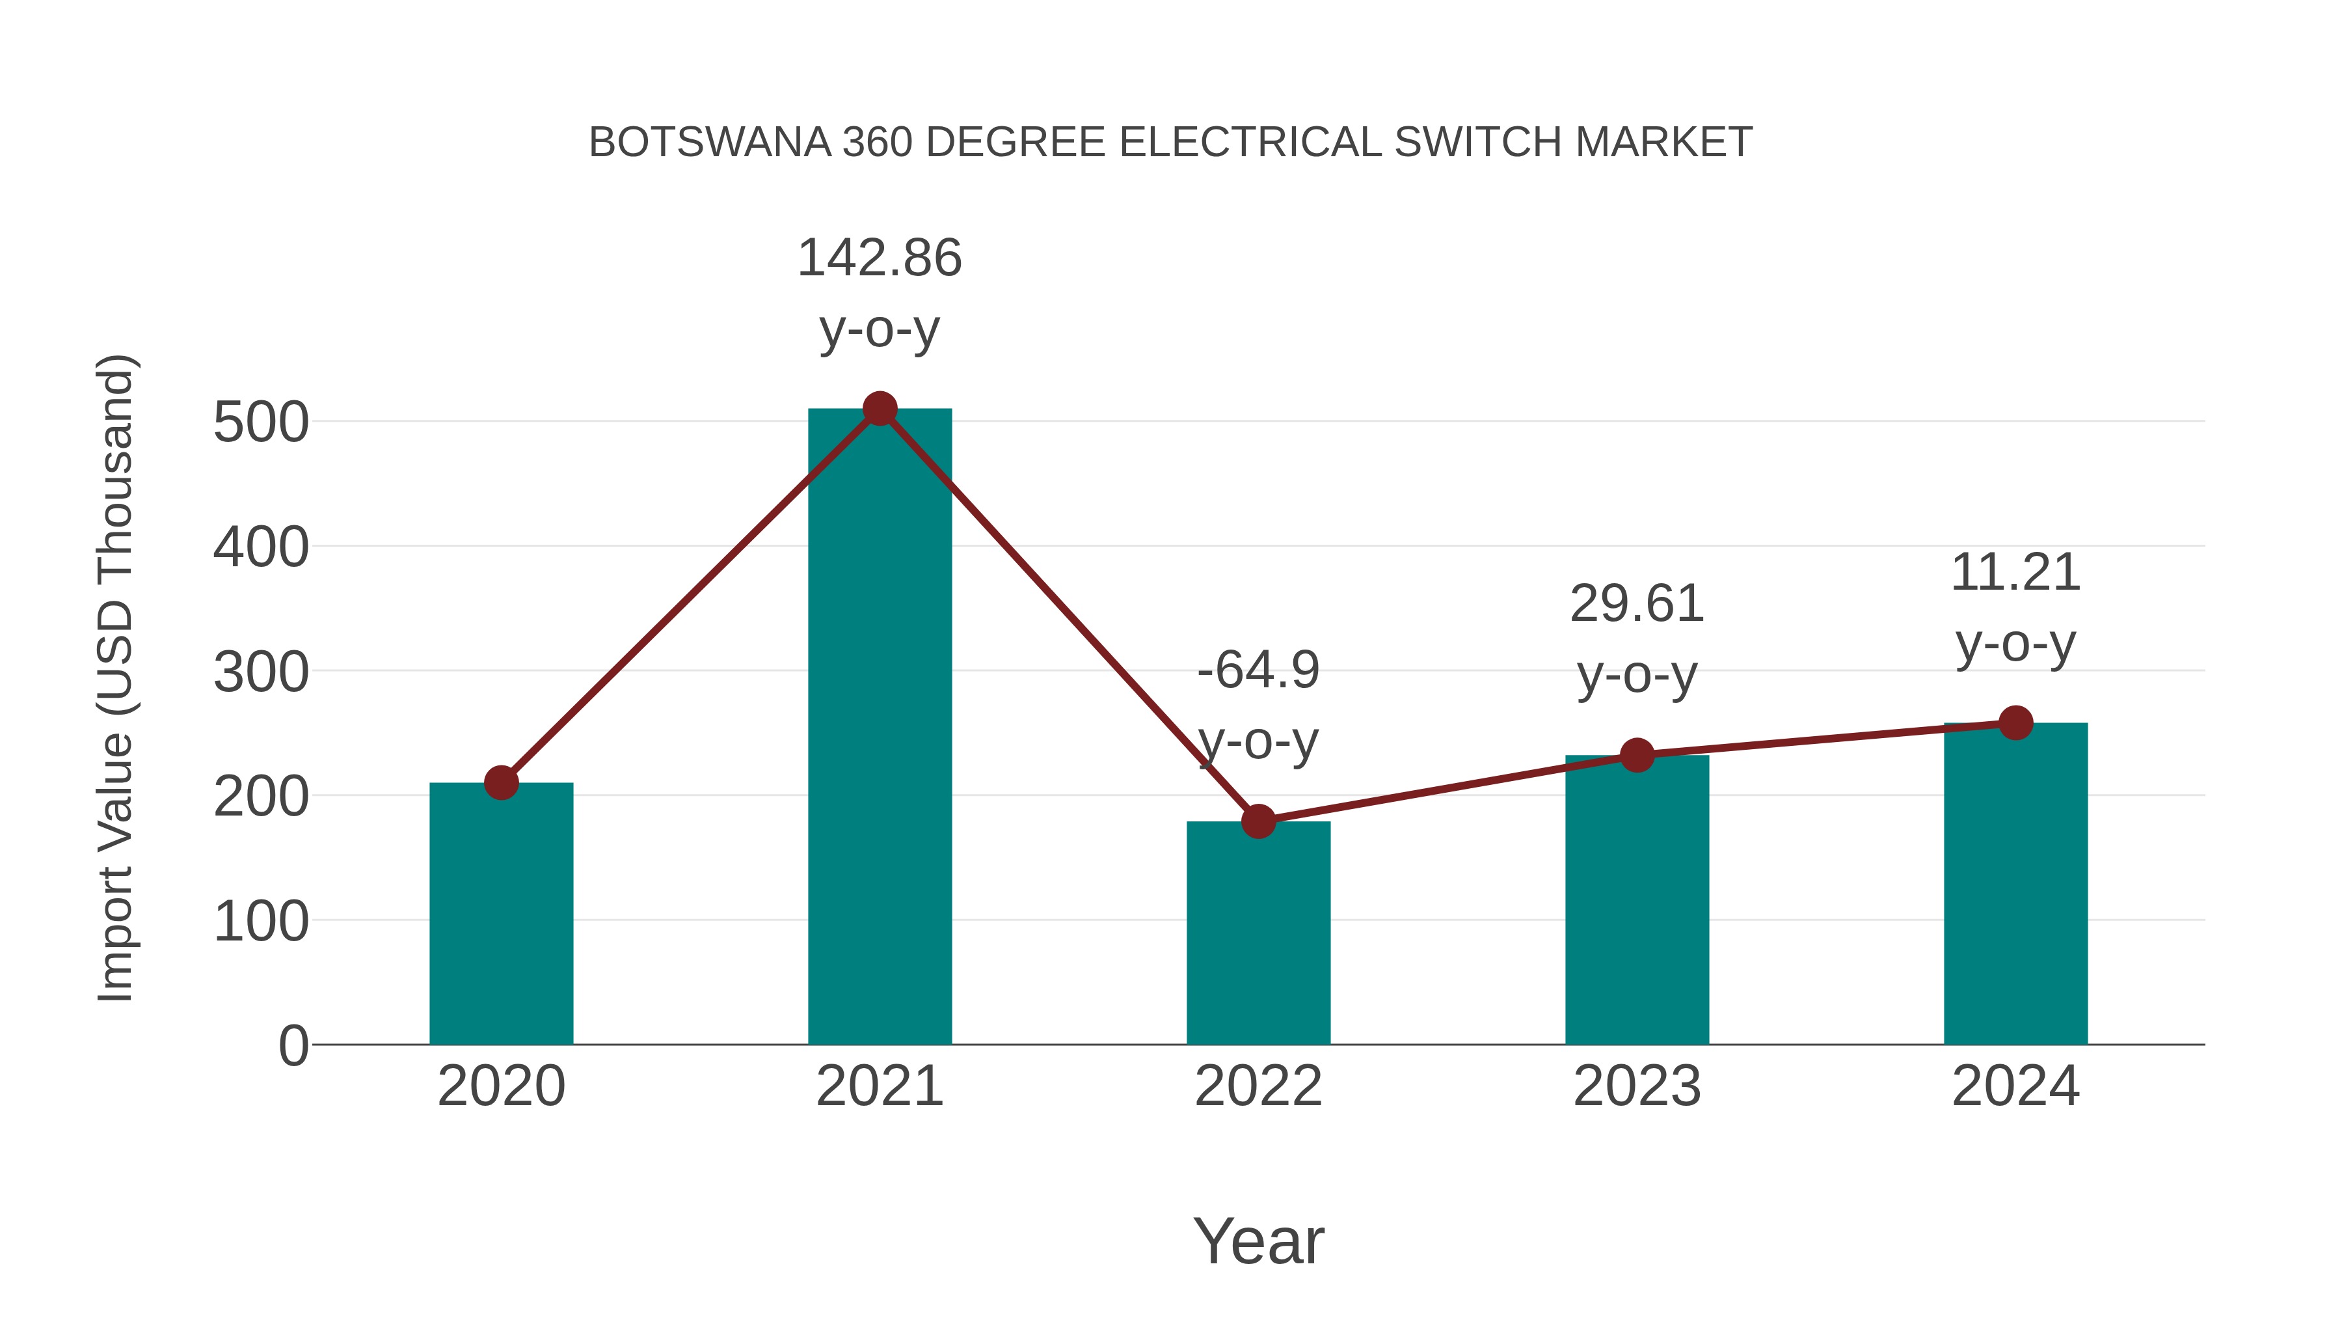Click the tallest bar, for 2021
tap(879, 728)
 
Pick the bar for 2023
tap(1637, 901)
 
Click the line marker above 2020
tap(501, 782)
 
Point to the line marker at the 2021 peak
tap(879, 409)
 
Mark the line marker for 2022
tap(1258, 821)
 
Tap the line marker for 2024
tap(2015, 723)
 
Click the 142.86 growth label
tap(879, 258)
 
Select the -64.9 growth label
tap(1258, 671)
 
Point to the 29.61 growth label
tap(1637, 605)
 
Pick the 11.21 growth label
tap(2015, 573)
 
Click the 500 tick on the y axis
tap(261, 423)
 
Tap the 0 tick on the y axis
tap(293, 1046)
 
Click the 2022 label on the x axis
tap(1258, 1086)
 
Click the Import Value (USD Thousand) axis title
tap(116, 678)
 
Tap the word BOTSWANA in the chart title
tap(710, 143)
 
